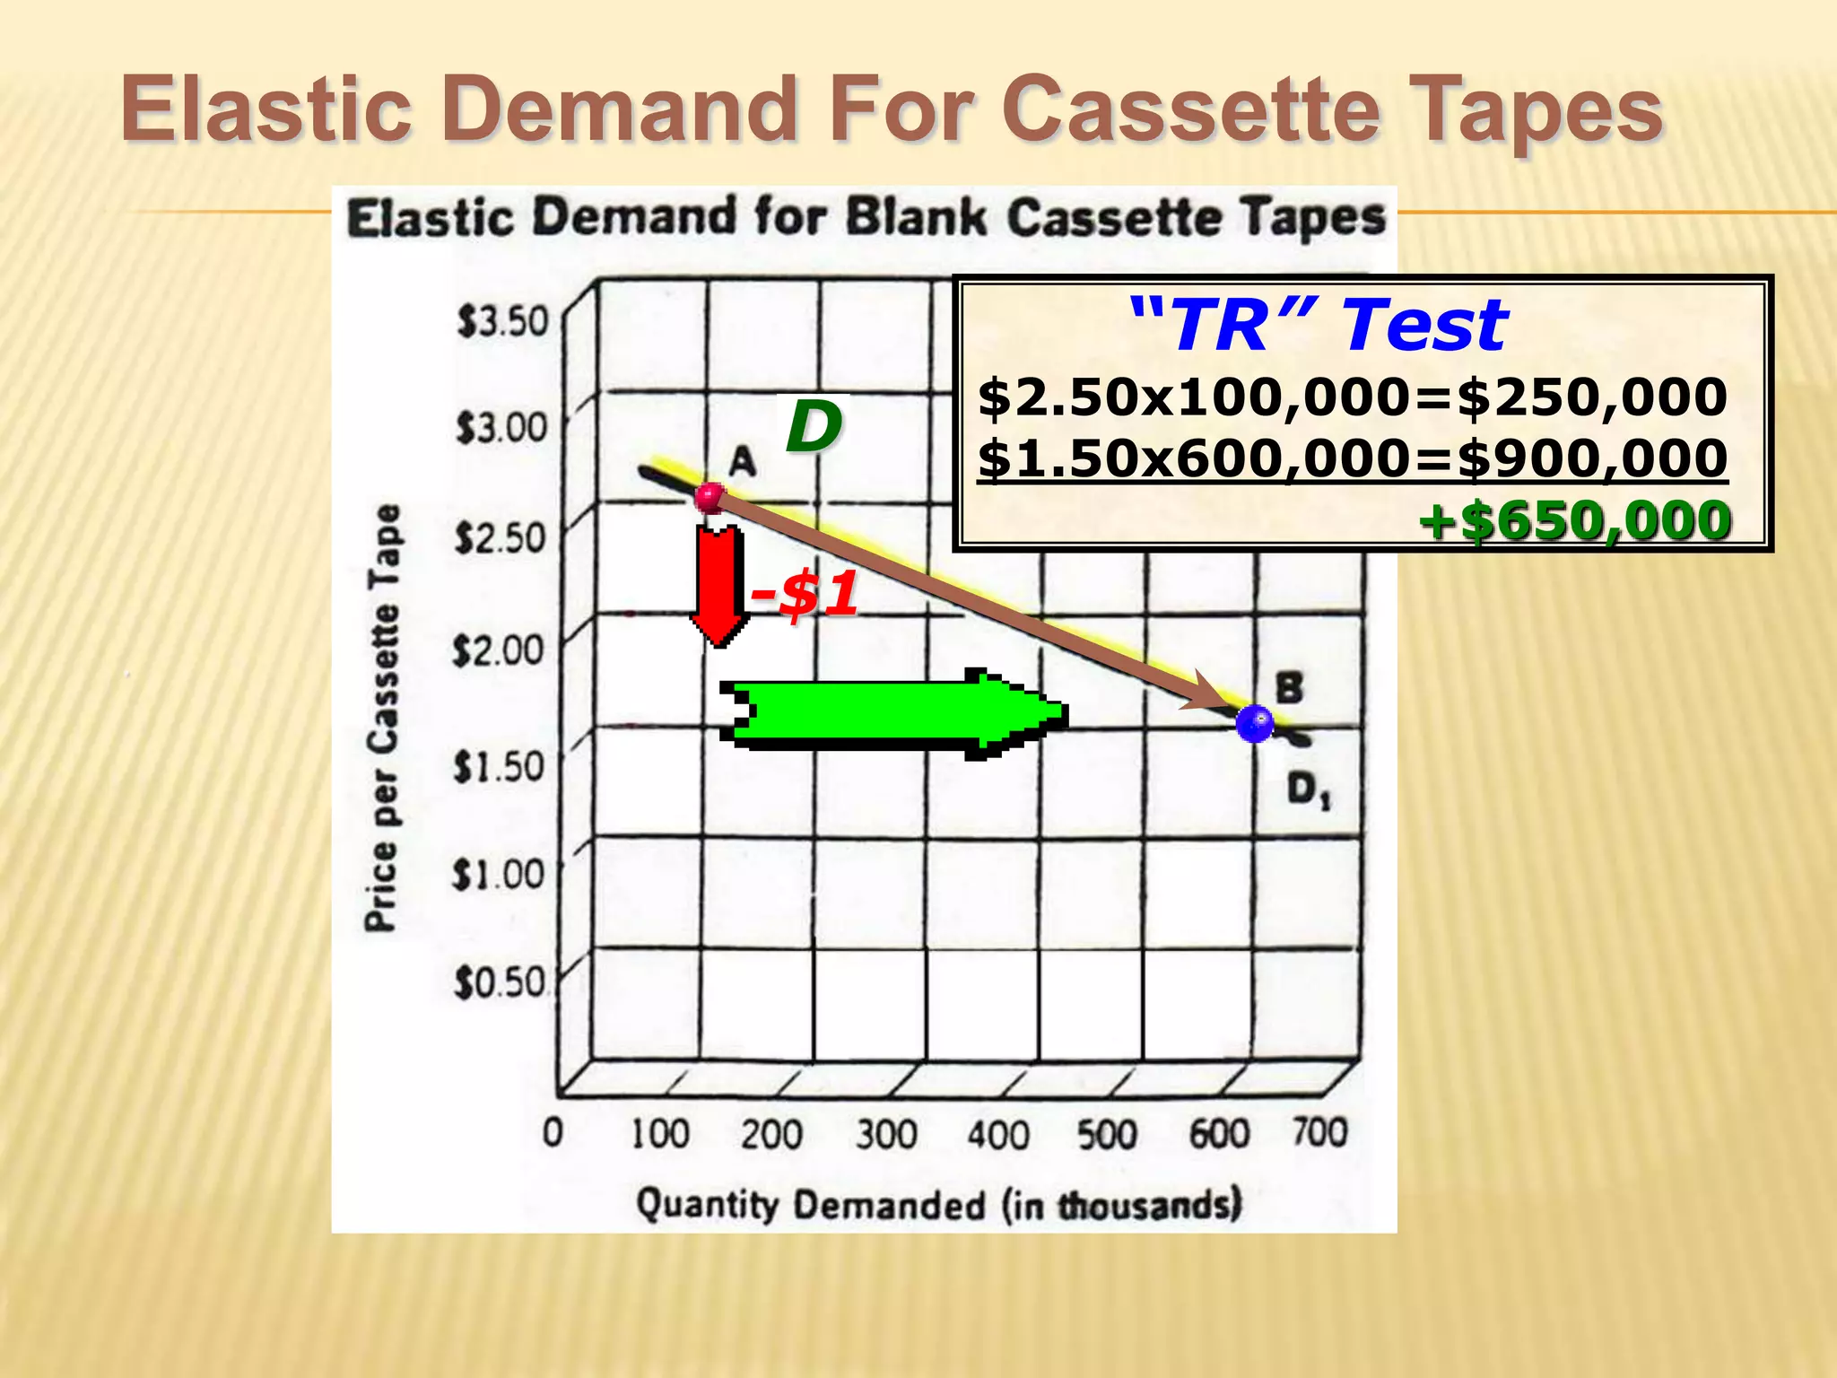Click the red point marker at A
click(x=710, y=496)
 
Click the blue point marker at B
click(x=1254, y=722)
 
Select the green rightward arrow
click(x=893, y=714)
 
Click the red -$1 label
click(x=805, y=594)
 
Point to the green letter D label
click(x=814, y=427)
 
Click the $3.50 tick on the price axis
click(x=501, y=321)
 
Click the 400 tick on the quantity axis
click(x=997, y=1136)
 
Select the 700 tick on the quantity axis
click(x=1319, y=1132)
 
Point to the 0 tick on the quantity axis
click(x=553, y=1133)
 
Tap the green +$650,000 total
click(x=1575, y=521)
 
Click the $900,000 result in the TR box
click(x=1592, y=458)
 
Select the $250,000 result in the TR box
click(x=1592, y=397)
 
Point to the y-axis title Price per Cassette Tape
click(x=382, y=718)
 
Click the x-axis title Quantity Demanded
click(x=938, y=1204)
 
